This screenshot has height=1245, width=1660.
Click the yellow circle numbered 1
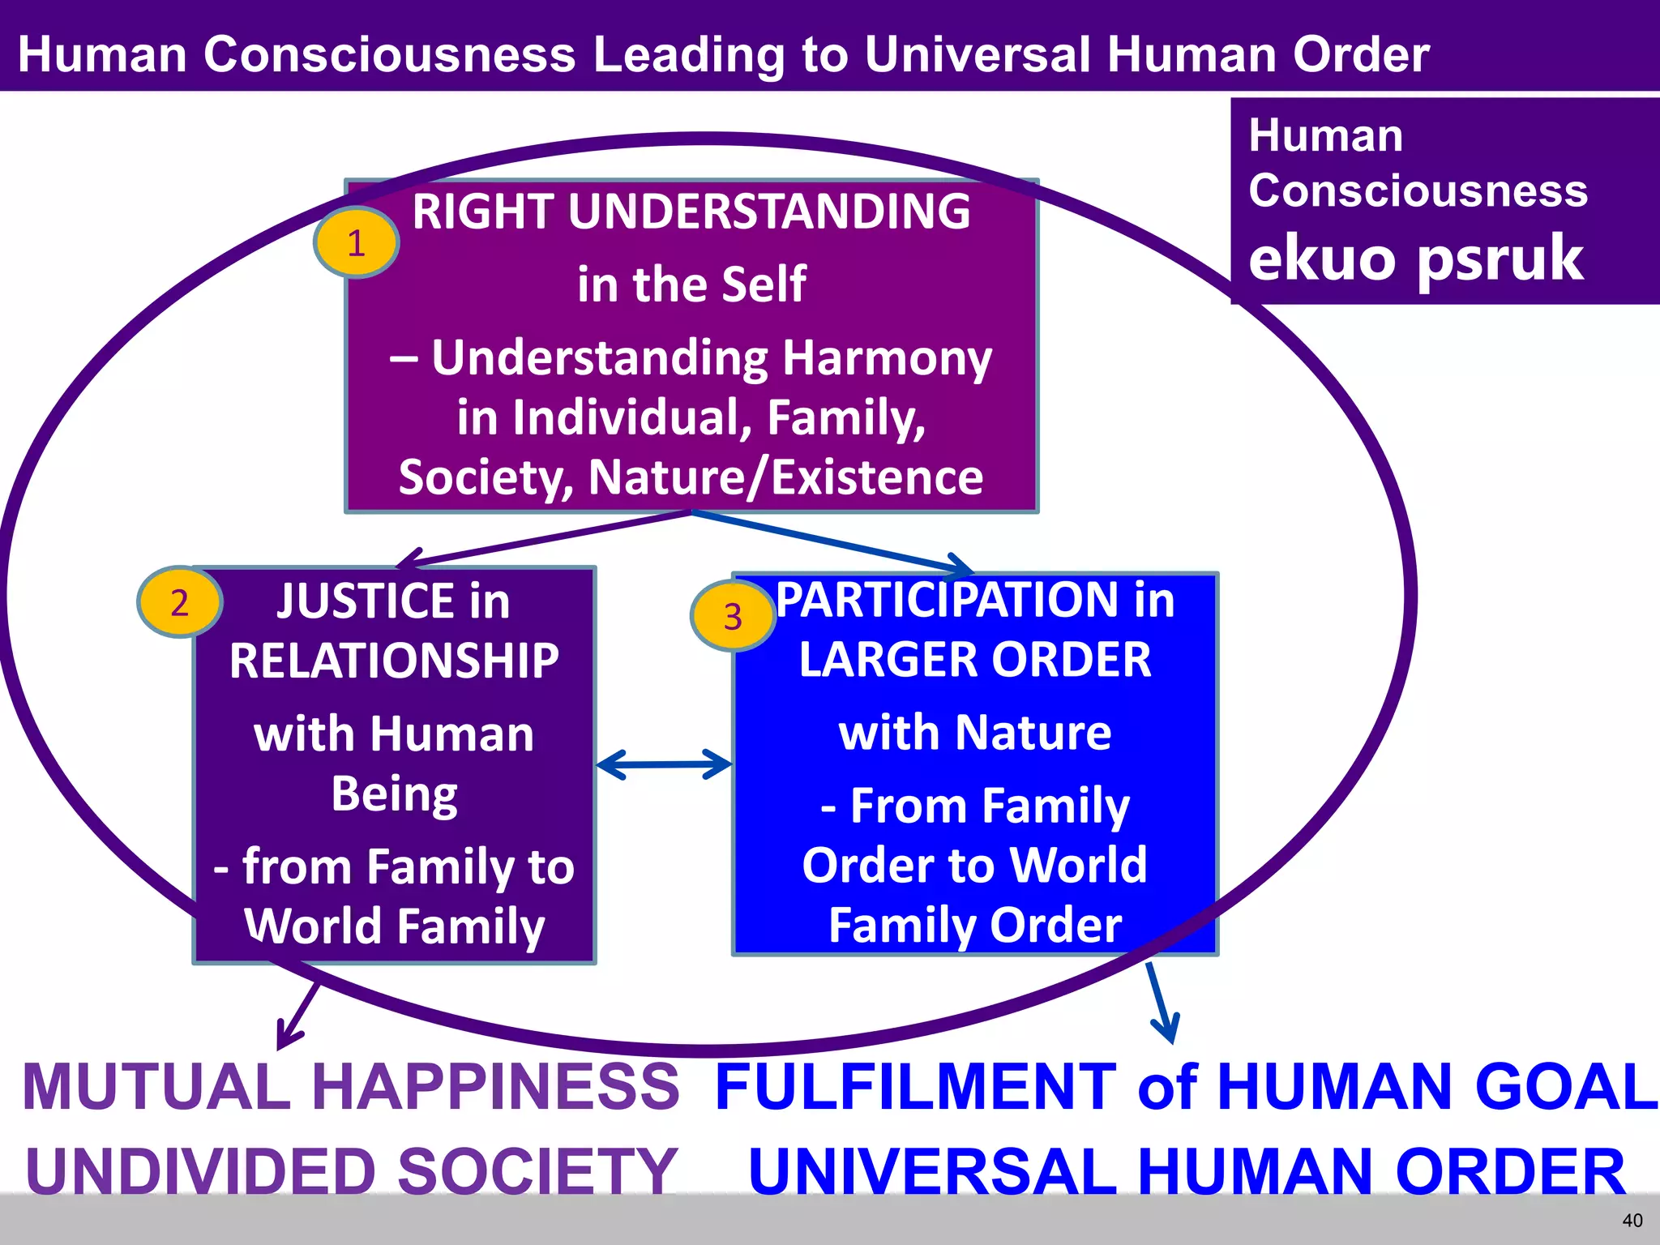356,242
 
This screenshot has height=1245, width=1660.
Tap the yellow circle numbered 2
179,601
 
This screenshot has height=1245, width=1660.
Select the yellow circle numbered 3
733,616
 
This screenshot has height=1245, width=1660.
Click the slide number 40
1632,1220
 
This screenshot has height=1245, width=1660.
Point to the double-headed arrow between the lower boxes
664,764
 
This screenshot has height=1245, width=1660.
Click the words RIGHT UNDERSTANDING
691,212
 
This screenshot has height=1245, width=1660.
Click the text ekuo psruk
1415,258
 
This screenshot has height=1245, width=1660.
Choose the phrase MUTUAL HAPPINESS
350,1086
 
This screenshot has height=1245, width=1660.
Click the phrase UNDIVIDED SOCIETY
352,1171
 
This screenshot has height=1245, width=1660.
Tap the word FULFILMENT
916,1086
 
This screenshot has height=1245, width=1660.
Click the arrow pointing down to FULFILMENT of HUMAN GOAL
1162,1005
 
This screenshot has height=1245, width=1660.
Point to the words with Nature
974,733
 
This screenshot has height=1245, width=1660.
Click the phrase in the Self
691,284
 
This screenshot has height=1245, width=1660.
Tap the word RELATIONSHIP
394,661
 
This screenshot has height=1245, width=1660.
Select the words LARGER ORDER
974,660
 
